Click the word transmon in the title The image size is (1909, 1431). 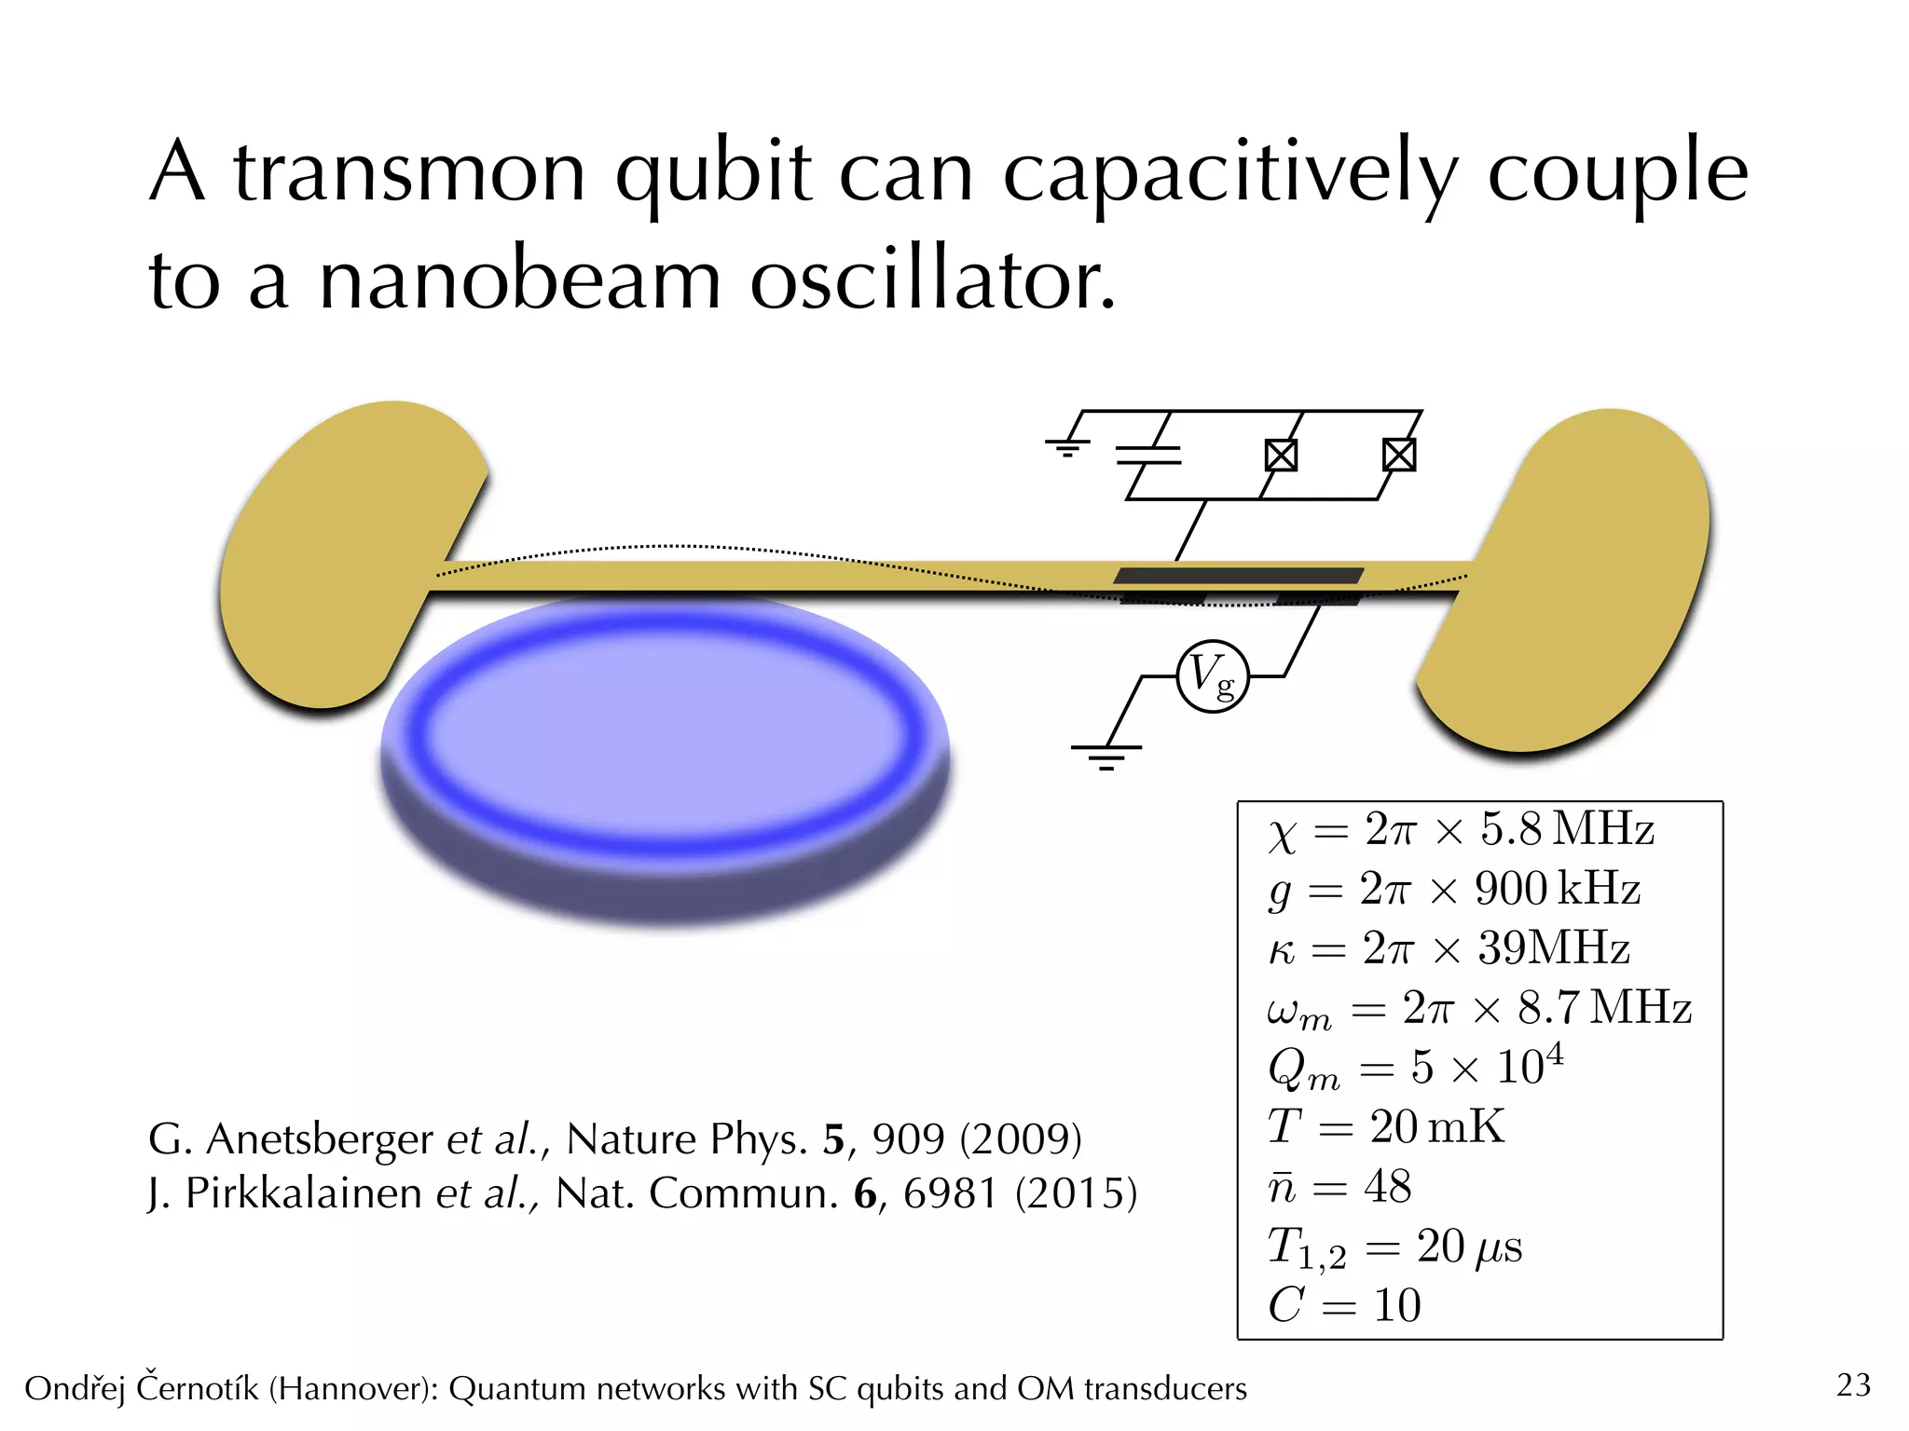(x=410, y=172)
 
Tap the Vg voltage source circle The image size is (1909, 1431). (x=1212, y=676)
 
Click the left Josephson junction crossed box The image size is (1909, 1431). (x=1281, y=456)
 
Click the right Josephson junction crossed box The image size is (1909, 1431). (x=1399, y=455)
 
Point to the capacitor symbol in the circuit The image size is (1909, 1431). (x=1148, y=455)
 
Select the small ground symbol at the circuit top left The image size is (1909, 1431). (x=1067, y=447)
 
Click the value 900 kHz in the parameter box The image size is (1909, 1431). (x=1557, y=889)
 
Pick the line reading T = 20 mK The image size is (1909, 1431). (x=1386, y=1127)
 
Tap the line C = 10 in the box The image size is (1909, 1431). (x=1344, y=1305)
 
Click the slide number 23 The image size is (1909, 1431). (x=1853, y=1385)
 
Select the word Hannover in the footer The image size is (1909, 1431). (x=353, y=1389)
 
